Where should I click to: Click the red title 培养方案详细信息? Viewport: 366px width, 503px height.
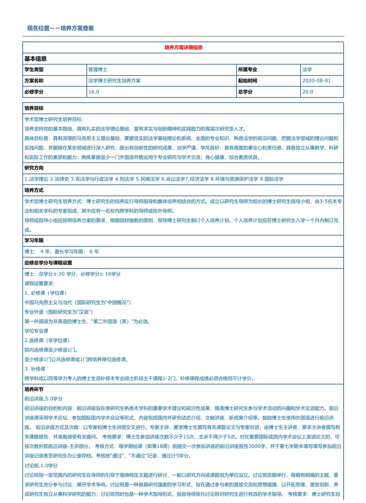click(183, 47)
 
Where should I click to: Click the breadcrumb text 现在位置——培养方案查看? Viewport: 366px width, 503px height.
click(61, 28)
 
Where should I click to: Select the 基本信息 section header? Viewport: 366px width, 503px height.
click(36, 59)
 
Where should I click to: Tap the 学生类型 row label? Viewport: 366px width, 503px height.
click(34, 70)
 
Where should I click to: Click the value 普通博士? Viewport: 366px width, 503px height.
click(98, 70)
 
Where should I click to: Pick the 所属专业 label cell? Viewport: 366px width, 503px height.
click(248, 70)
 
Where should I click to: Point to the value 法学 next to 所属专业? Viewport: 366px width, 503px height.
click(307, 70)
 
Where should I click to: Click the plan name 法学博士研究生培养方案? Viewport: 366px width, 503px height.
click(115, 81)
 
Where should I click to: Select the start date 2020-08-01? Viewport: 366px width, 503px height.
click(317, 81)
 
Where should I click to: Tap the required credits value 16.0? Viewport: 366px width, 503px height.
click(94, 92)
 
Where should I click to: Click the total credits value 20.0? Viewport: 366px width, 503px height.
click(308, 92)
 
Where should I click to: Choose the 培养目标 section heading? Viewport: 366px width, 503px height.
click(34, 108)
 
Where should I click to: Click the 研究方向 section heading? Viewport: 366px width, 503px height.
click(34, 168)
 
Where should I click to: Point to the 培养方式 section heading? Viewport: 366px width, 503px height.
click(34, 190)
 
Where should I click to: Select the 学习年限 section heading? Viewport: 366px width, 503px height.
click(34, 240)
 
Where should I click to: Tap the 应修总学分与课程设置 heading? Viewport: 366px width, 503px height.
click(48, 263)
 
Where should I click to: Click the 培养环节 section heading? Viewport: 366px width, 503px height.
click(34, 389)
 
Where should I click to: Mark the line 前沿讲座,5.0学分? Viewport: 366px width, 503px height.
click(43, 399)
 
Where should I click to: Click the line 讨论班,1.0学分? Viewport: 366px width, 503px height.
click(41, 466)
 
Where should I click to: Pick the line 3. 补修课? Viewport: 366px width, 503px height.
click(35, 369)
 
